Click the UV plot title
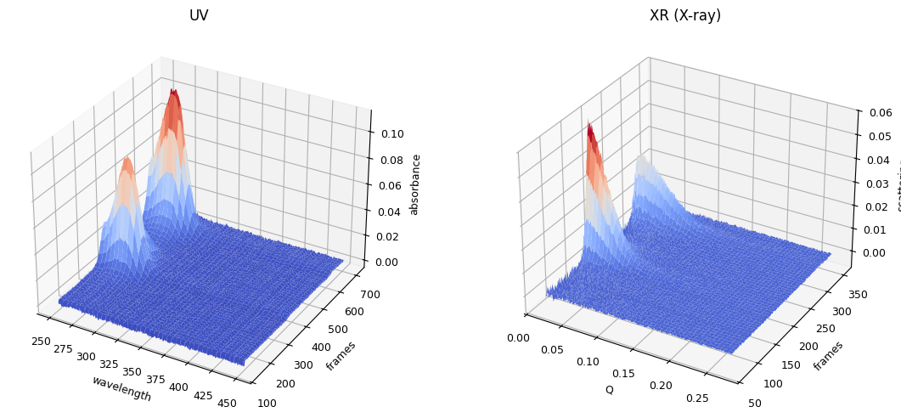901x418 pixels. pyautogui.click(x=199, y=15)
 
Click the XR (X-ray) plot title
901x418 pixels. pyautogui.click(x=684, y=15)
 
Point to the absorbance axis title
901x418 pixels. pyautogui.click(x=414, y=184)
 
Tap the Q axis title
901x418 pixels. pyautogui.click(x=609, y=390)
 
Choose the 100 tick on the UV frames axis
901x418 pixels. pyautogui.click(x=267, y=404)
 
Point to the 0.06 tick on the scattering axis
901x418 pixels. pyautogui.click(x=880, y=112)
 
